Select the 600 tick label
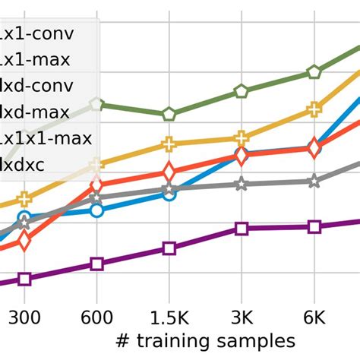[x=96, y=314]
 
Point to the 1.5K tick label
[x=169, y=314]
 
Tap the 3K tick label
[x=242, y=314]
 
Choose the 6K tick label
[x=314, y=314]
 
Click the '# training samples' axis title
[x=205, y=339]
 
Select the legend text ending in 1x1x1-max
[x=46, y=138]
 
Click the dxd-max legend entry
[x=34, y=112]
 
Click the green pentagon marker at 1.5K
[x=169, y=115]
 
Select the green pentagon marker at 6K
[x=314, y=72]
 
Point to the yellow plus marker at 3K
[x=242, y=137]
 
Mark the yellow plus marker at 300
[x=24, y=200]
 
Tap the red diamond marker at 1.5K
[x=169, y=172]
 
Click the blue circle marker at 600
[x=96, y=210]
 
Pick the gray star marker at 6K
[x=314, y=181]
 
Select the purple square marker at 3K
[x=242, y=229]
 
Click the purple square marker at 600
[x=96, y=264]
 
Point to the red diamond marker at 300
[x=24, y=241]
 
